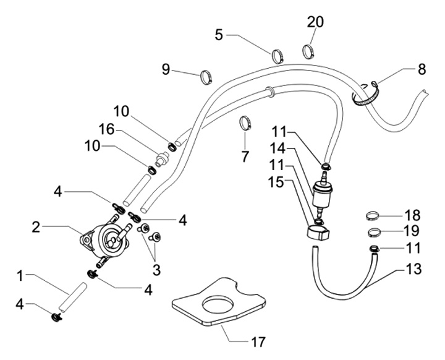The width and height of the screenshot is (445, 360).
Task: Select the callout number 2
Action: click(36, 228)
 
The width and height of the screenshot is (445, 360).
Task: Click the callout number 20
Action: click(315, 22)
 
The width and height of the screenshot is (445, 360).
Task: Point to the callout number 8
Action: click(422, 69)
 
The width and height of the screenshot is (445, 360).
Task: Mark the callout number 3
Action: click(155, 270)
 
